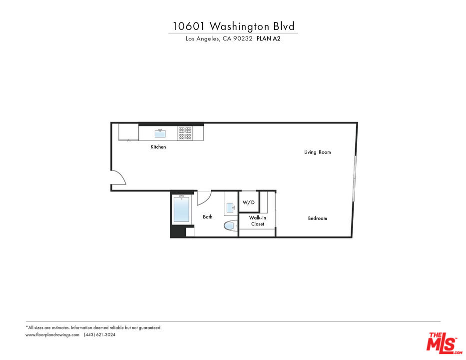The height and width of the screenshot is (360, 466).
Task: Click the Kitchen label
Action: [x=158, y=147]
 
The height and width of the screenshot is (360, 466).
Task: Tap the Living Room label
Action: [x=317, y=152]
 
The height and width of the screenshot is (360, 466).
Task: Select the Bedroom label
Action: [x=317, y=218]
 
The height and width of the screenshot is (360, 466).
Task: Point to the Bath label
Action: [x=207, y=217]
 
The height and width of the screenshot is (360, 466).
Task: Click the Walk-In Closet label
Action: [x=257, y=221]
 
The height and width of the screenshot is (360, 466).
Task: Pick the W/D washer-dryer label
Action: [x=249, y=202]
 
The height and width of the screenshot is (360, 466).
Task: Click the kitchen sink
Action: [x=160, y=133]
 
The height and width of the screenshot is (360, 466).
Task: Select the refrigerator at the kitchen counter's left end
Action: [x=128, y=132]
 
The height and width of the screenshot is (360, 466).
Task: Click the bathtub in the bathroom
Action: [x=181, y=209]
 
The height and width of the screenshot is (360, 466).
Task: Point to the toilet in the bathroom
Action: [x=230, y=226]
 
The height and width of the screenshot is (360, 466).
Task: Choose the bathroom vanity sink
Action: [x=230, y=206]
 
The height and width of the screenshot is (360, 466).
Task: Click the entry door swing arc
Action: [x=118, y=177]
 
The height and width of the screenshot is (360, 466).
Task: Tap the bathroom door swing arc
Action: [x=203, y=197]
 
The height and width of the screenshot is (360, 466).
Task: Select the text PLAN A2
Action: [x=268, y=39]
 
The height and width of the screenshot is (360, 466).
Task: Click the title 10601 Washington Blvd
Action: [x=233, y=26]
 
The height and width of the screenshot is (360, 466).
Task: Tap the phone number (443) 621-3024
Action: [x=99, y=335]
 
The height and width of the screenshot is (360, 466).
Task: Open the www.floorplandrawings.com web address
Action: [x=52, y=335]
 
